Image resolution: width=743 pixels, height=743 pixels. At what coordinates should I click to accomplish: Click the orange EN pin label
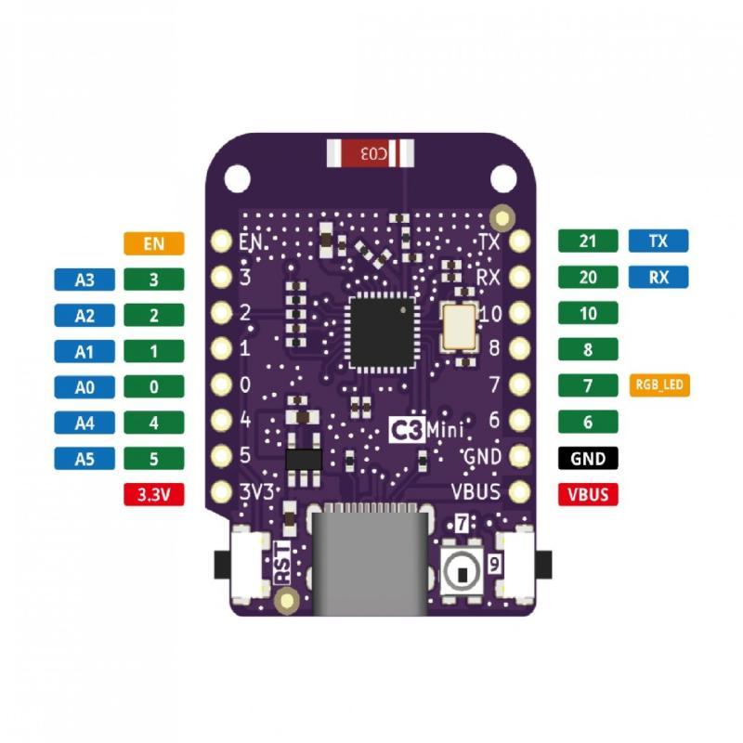pyautogui.click(x=154, y=243)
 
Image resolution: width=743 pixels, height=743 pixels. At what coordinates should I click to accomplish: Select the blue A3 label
pyautogui.click(x=85, y=280)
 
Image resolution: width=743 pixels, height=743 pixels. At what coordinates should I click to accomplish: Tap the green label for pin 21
pyautogui.click(x=588, y=241)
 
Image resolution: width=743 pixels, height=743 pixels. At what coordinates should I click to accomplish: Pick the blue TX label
pyautogui.click(x=658, y=241)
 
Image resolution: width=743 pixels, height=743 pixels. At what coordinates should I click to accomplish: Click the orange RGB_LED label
pyautogui.click(x=659, y=385)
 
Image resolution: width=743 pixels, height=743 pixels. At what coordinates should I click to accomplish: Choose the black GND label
pyautogui.click(x=588, y=458)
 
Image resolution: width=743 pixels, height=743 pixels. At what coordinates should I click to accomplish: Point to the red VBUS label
pyautogui.click(x=588, y=494)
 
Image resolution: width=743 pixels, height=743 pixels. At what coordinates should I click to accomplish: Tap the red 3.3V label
pyautogui.click(x=154, y=494)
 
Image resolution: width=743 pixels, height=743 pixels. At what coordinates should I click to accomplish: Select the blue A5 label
pyautogui.click(x=85, y=459)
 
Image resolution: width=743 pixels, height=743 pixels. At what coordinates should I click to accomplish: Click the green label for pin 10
pyautogui.click(x=588, y=313)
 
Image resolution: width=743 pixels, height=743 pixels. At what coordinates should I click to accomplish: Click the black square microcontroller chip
pyautogui.click(x=382, y=332)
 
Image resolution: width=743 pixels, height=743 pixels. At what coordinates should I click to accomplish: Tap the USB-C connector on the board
pyautogui.click(x=371, y=560)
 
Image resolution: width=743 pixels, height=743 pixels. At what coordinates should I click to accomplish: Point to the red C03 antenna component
pyautogui.click(x=371, y=153)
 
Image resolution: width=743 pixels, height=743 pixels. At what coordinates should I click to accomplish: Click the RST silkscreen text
pyautogui.click(x=283, y=563)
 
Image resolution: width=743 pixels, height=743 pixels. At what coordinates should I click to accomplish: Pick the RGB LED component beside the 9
pyautogui.click(x=462, y=572)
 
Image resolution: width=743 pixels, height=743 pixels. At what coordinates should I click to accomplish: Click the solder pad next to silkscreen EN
pyautogui.click(x=221, y=241)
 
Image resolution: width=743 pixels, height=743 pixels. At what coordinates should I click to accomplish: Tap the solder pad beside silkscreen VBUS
pyautogui.click(x=520, y=491)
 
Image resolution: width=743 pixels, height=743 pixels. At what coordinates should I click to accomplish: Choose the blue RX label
pyautogui.click(x=658, y=277)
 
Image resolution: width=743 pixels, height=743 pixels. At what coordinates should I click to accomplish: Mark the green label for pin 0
pyautogui.click(x=154, y=386)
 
